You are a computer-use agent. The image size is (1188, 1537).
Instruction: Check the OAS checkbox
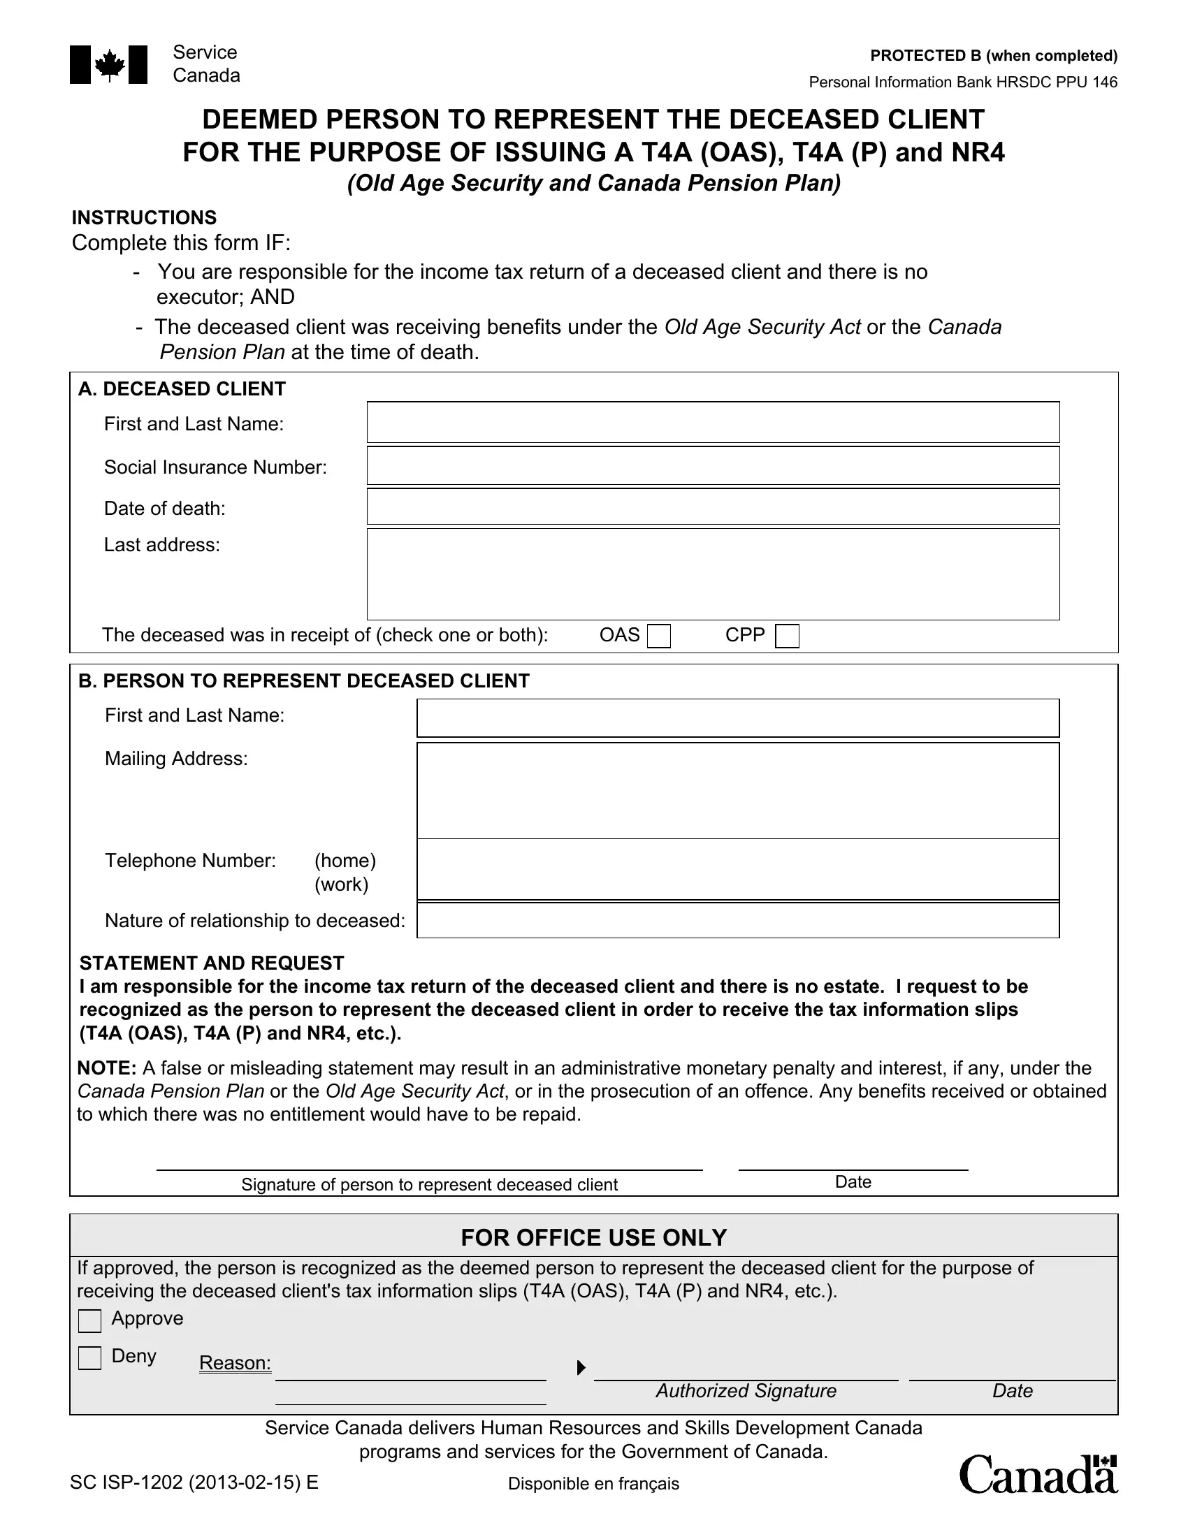click(659, 636)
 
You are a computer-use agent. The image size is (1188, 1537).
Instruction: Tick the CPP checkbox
click(787, 636)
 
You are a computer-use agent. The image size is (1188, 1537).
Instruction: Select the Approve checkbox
click(90, 1320)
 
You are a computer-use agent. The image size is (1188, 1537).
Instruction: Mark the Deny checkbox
click(90, 1357)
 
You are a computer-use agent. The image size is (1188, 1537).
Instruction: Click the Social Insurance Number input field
click(712, 466)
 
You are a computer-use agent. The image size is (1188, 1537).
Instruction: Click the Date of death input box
click(712, 507)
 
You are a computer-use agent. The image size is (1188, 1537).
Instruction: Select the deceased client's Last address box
click(712, 574)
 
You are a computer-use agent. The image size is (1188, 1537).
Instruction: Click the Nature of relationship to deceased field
click(737, 921)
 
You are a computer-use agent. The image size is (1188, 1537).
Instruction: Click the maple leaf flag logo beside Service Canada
click(108, 65)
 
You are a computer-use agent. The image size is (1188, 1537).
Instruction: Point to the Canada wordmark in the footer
click(1037, 1474)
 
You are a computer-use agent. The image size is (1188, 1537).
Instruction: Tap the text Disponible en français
click(593, 1483)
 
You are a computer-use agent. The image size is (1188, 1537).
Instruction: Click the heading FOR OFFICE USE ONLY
click(593, 1237)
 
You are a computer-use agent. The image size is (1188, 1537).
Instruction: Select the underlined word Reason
click(234, 1362)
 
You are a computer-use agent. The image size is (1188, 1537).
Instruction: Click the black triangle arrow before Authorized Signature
click(581, 1367)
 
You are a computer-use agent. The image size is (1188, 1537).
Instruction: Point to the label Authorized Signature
click(746, 1390)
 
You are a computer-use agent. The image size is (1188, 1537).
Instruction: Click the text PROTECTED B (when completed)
click(993, 56)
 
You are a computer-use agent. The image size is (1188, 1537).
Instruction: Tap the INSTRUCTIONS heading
click(144, 217)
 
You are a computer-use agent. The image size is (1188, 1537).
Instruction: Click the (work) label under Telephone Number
click(341, 884)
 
